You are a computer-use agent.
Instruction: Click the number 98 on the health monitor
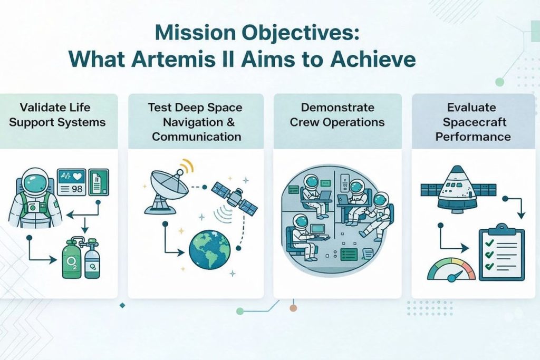[76, 189]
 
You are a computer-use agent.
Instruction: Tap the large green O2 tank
[72, 260]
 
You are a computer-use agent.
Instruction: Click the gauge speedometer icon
[451, 269]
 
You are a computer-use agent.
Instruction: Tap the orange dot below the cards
[293, 308]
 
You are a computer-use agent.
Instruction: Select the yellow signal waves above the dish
[187, 166]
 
